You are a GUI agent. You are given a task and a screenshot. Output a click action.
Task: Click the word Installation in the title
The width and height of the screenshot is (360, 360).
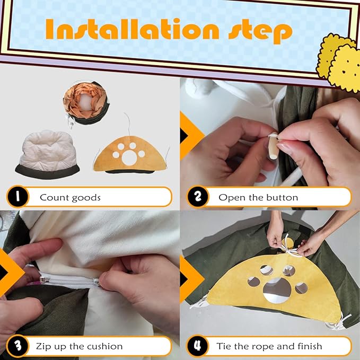coord(132,29)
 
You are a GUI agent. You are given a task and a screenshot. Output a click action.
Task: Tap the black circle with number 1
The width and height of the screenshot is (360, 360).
coord(17,197)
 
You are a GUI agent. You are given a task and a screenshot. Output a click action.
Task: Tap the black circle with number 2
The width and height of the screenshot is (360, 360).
coord(198,197)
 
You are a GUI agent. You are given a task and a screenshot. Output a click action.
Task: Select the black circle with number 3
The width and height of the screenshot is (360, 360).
coord(17,346)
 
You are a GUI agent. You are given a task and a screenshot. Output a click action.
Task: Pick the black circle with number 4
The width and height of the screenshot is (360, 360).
coord(198,346)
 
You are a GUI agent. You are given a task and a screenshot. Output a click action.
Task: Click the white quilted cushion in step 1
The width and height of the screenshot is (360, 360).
coord(48,154)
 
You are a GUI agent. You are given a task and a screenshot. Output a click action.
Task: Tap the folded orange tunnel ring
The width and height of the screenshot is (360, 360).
coord(86,103)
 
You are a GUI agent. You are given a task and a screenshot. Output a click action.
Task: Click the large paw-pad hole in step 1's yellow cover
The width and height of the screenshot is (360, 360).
coord(129,157)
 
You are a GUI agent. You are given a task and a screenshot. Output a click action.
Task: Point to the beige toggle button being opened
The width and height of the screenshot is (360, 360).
coord(274,146)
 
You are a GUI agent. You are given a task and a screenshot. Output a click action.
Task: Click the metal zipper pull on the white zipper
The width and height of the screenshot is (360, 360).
coord(45,279)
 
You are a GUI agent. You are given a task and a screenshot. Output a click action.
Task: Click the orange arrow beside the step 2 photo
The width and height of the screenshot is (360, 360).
coord(192,135)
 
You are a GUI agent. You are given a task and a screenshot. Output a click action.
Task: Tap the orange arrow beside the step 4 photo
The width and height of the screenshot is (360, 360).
coord(192,279)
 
